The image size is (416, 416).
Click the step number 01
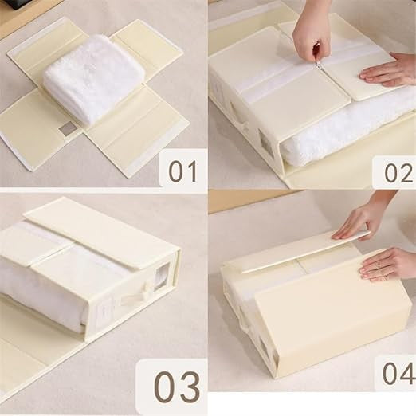[183, 171]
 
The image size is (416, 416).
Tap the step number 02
[398, 173]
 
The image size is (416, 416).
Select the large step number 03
[177, 387]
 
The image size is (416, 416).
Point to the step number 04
[398, 373]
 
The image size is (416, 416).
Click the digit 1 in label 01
[192, 171]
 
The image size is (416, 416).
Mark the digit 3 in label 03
[189, 387]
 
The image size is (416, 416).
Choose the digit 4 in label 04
[406, 373]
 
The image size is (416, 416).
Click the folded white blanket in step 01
[93, 79]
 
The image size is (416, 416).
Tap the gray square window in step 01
[67, 128]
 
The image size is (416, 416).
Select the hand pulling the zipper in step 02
[312, 33]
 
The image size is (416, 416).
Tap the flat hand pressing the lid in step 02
[389, 71]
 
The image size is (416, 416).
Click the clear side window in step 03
[163, 274]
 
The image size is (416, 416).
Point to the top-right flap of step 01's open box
[146, 47]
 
